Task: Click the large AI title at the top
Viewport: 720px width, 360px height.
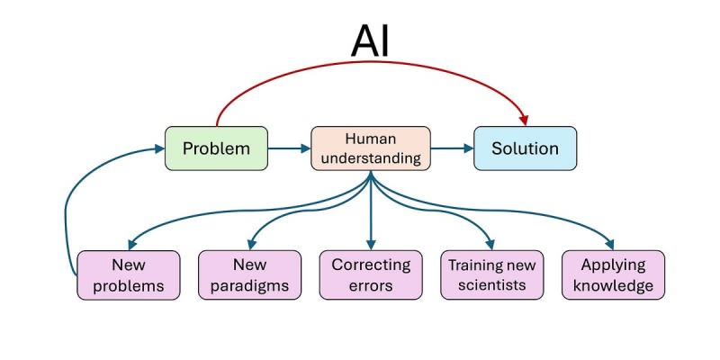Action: (370, 40)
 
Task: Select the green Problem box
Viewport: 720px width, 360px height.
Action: (216, 148)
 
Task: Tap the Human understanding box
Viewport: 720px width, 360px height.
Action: (370, 148)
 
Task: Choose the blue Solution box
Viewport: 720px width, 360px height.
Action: (525, 148)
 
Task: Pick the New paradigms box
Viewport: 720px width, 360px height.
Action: (248, 275)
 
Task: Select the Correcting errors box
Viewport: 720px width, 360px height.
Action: (371, 275)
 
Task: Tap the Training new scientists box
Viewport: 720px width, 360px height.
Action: (492, 275)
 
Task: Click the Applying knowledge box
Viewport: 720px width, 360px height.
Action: (614, 275)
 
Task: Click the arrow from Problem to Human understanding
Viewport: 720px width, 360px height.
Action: (289, 148)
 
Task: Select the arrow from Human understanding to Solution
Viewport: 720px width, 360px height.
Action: (452, 148)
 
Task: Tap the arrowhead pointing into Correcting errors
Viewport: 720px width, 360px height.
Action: (371, 244)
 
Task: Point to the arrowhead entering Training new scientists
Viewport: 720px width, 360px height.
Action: (491, 244)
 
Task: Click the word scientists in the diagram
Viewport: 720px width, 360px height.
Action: (492, 286)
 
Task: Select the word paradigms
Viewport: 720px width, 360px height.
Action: (248, 287)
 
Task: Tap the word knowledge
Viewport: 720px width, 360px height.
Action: (614, 287)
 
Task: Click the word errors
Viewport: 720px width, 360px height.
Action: (371, 287)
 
